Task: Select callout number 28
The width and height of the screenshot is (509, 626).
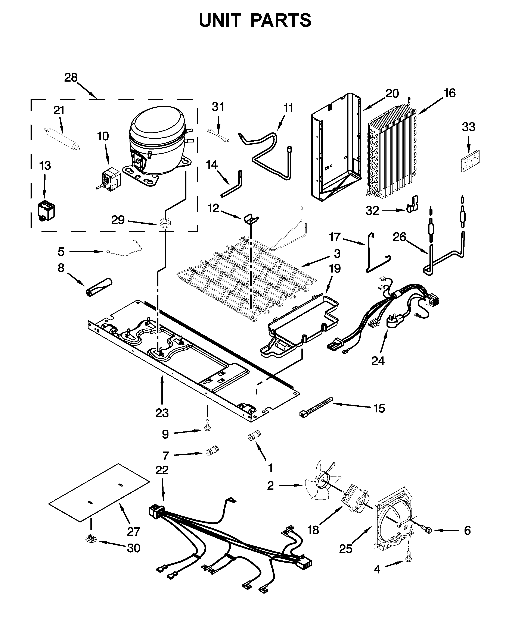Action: [x=71, y=78]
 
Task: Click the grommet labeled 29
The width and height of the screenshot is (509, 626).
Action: [x=165, y=223]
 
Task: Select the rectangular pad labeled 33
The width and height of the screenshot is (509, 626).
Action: [x=470, y=161]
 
